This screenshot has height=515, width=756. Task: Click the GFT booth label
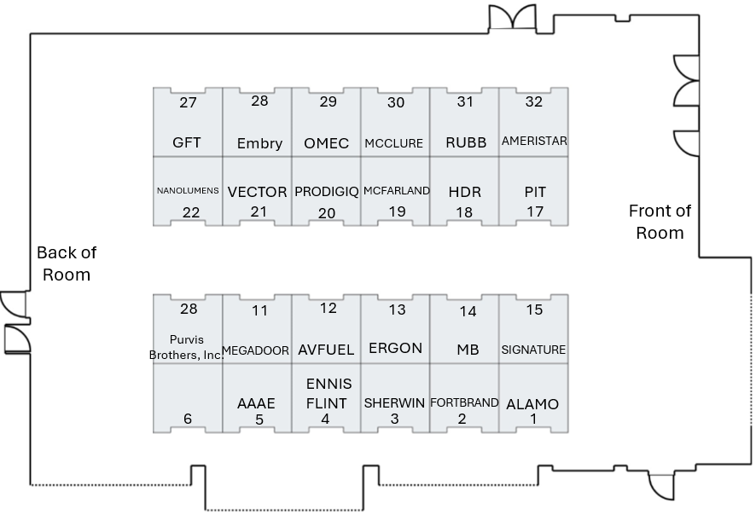[187, 142]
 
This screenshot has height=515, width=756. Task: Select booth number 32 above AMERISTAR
[534, 101]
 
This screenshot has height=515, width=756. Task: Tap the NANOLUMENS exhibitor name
[188, 191]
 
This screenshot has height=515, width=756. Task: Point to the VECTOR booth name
[257, 192]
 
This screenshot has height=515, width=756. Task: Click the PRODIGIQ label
[327, 192]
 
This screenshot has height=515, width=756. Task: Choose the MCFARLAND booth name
[396, 191]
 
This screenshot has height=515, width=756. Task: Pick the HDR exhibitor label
[465, 192]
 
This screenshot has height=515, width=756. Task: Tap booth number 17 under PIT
[535, 211]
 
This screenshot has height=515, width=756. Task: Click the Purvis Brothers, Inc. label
[187, 347]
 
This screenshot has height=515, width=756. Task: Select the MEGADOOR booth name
[255, 350]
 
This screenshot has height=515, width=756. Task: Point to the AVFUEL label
[326, 350]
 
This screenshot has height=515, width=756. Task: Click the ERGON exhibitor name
[395, 349]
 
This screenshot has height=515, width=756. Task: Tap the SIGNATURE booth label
[533, 350]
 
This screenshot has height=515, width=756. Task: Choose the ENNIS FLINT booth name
[328, 394]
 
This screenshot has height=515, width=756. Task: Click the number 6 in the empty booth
[188, 419]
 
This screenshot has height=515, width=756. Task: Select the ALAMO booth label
[532, 404]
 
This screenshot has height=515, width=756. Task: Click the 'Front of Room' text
[660, 222]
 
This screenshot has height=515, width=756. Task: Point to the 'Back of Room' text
[67, 263]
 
